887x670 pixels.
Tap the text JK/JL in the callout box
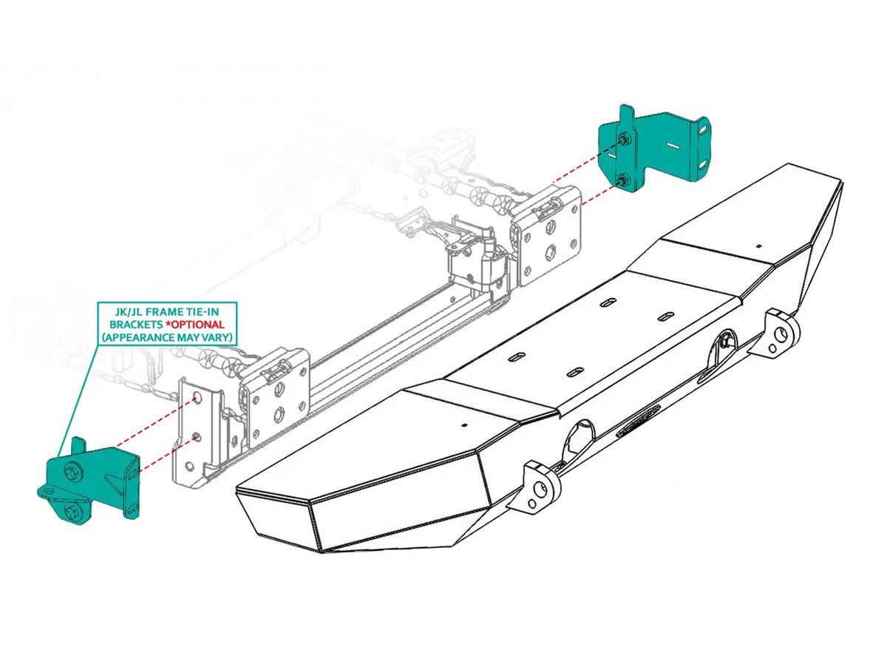pos(128,311)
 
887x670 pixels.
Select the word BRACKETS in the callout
pos(137,324)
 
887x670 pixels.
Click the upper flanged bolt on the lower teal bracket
pos(74,471)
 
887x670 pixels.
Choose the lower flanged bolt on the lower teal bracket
pos(74,512)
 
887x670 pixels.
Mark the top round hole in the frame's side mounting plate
pos(197,398)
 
